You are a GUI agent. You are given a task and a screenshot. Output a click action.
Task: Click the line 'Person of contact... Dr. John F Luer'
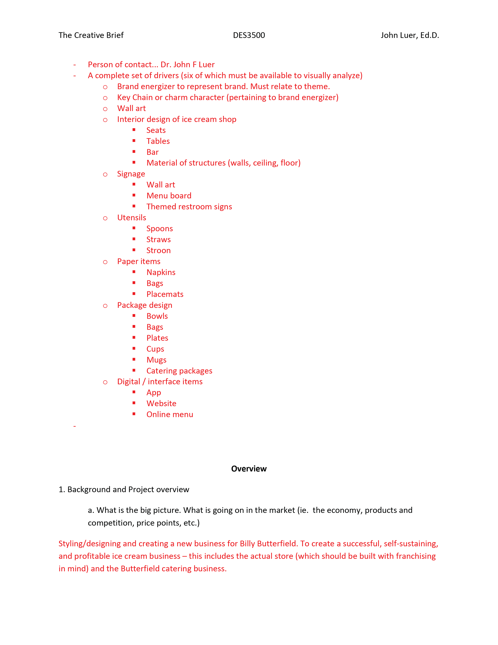151,65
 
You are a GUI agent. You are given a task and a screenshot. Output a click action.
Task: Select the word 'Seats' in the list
156,130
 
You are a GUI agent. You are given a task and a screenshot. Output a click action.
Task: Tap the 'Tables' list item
158,141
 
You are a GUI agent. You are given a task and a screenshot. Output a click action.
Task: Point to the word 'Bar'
152,152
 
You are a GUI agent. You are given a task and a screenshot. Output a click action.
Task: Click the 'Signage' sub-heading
131,174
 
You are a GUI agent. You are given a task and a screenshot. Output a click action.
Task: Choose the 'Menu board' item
169,196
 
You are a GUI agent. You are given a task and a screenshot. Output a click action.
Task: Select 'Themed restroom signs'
189,207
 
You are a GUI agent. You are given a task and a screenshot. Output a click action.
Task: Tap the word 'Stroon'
158,250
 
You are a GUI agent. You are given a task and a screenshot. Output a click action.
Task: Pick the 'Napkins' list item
161,272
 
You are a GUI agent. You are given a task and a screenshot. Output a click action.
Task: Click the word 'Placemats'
165,294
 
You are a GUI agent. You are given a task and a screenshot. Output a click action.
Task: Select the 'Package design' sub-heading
144,305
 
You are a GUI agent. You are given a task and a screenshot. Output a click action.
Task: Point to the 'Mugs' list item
156,360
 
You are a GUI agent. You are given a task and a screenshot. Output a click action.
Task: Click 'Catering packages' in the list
179,371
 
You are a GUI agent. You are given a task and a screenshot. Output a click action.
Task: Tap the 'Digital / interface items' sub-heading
160,382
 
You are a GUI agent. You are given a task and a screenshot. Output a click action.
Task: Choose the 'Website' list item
161,403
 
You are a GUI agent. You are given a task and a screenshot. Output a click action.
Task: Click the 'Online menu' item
170,414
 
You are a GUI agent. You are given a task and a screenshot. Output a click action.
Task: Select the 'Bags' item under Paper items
155,283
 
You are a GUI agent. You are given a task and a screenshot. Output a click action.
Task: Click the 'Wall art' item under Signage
161,185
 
